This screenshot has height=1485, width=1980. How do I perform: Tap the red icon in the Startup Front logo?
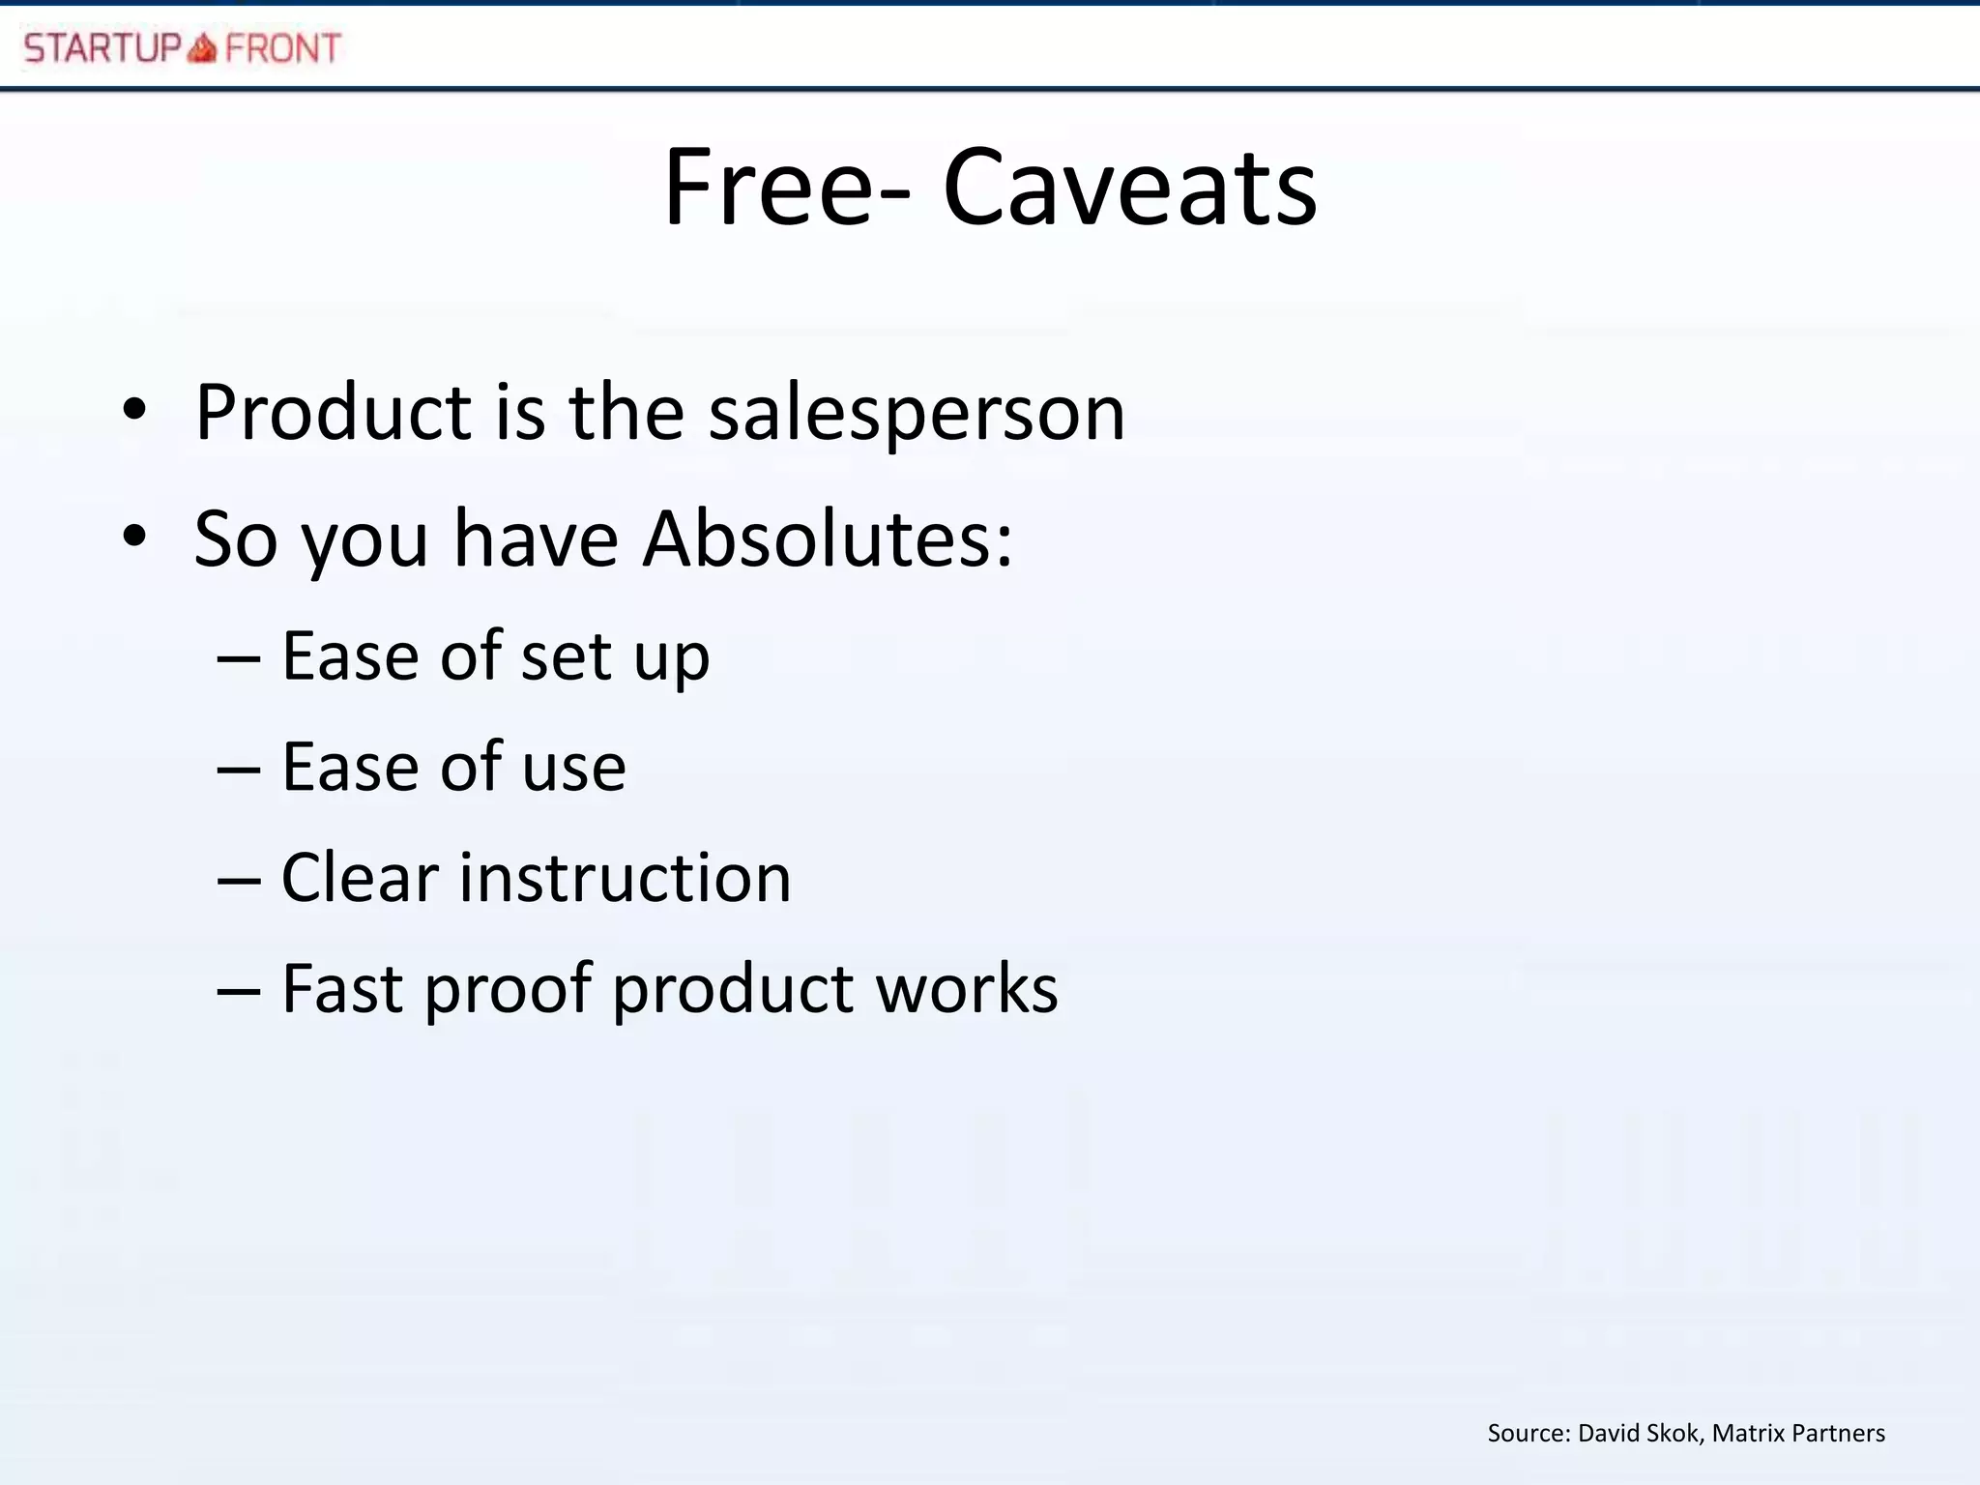pos(202,47)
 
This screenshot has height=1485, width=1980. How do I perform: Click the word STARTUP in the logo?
pos(102,47)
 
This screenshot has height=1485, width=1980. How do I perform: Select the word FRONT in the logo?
pos(282,47)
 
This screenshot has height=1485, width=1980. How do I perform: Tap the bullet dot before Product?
pos(135,410)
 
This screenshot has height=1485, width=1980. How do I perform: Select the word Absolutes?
pos(829,539)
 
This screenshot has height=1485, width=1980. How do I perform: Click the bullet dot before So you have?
pos(135,537)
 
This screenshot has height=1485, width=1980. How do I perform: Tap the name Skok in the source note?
pos(1673,1433)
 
